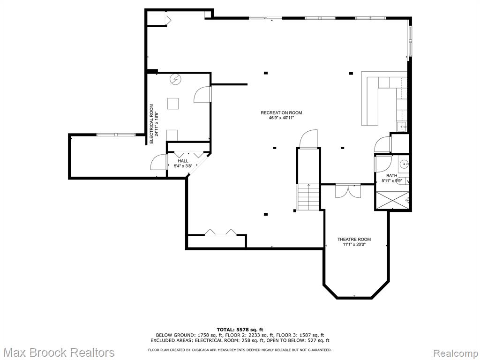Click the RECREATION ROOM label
pyautogui.click(x=281, y=112)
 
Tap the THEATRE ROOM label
pyautogui.click(x=354, y=240)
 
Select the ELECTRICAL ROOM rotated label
pyautogui.click(x=151, y=124)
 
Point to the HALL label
pyautogui.click(x=183, y=161)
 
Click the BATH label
pyautogui.click(x=391, y=176)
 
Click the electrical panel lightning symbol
pyautogui.click(x=176, y=79)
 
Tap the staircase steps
pyautogui.click(x=308, y=197)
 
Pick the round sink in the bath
pyautogui.click(x=405, y=164)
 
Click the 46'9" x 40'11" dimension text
pyautogui.click(x=281, y=118)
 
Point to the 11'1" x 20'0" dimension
pyautogui.click(x=354, y=244)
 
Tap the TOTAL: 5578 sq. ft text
pyautogui.click(x=240, y=330)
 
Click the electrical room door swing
pyautogui.click(x=202, y=94)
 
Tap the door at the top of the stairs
pyautogui.click(x=308, y=139)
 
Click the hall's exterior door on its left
pyautogui.click(x=159, y=162)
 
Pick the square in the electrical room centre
pyautogui.click(x=173, y=104)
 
